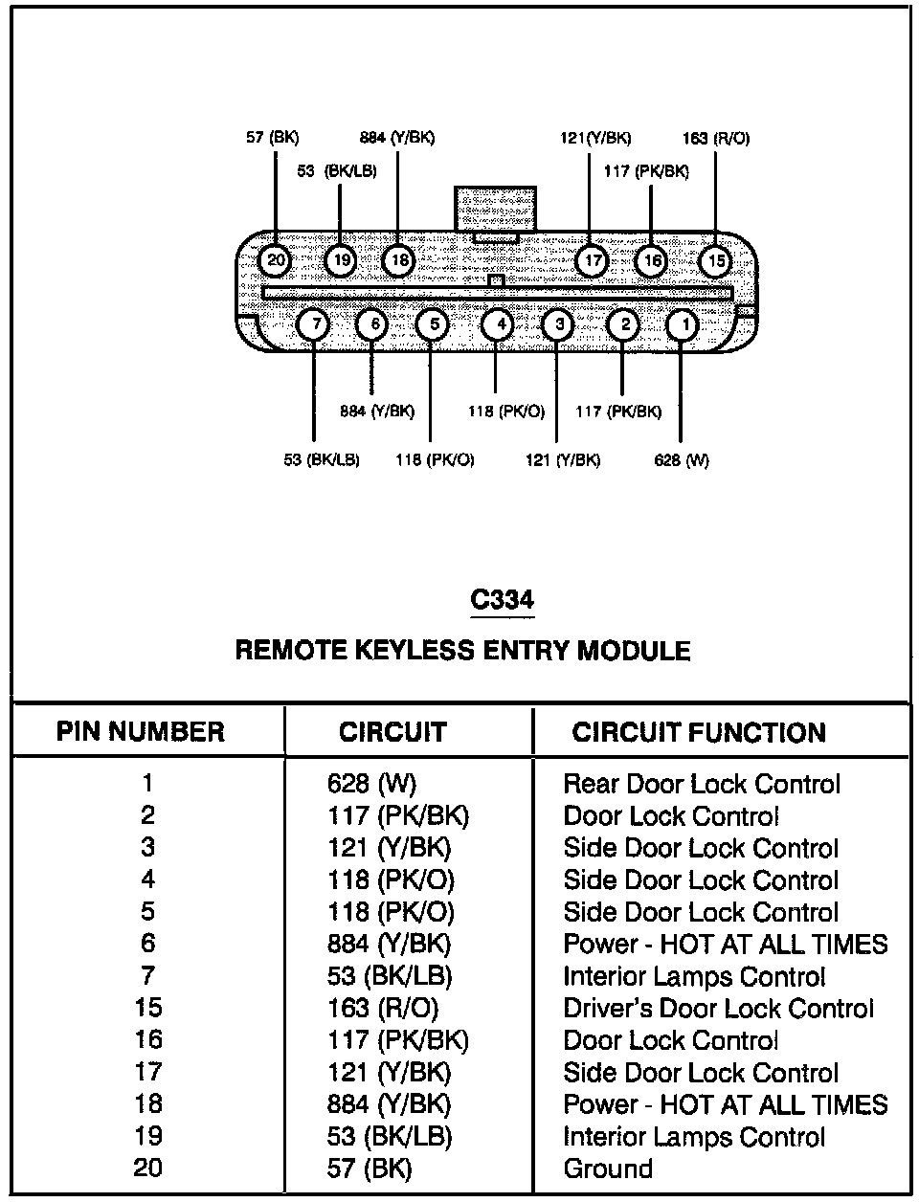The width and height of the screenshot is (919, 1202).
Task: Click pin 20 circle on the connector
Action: click(x=276, y=260)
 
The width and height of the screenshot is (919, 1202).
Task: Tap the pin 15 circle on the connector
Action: click(x=715, y=260)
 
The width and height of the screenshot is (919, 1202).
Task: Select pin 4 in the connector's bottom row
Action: click(x=497, y=325)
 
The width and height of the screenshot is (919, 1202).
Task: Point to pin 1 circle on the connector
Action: click(x=682, y=325)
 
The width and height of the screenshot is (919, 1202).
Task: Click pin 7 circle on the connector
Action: click(x=313, y=325)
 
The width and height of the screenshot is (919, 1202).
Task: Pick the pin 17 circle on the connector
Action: click(x=593, y=260)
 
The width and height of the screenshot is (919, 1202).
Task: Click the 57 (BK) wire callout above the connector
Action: click(x=273, y=138)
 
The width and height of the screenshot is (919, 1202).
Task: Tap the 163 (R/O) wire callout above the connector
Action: click(x=716, y=138)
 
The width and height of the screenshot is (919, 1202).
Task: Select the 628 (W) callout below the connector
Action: click(x=682, y=460)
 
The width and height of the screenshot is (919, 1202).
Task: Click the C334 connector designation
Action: click(x=503, y=600)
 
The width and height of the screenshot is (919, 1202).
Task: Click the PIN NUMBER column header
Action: click(x=141, y=732)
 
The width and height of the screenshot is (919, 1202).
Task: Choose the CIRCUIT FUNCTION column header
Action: click(x=699, y=733)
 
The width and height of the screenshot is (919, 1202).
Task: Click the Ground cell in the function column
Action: click(x=608, y=1169)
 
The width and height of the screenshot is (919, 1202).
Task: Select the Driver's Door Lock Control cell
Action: click(x=718, y=1009)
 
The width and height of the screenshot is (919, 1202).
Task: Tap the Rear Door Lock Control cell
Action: click(x=702, y=784)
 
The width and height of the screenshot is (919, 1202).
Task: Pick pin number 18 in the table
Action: click(x=148, y=1104)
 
